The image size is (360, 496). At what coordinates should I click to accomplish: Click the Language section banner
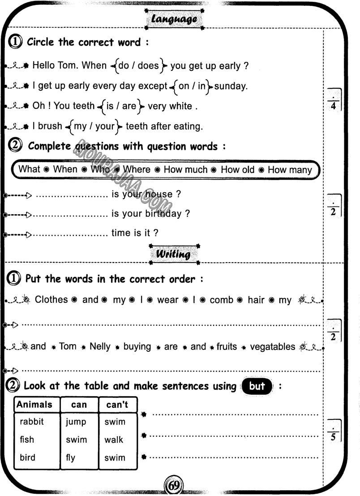click(174, 19)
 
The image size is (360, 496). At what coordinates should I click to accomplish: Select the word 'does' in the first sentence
click(148, 66)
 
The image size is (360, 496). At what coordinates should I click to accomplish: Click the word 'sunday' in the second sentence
click(231, 86)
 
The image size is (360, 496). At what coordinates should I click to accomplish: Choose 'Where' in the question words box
click(137, 170)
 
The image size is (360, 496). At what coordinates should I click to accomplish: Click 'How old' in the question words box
click(238, 170)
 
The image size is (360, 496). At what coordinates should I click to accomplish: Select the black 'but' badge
click(257, 386)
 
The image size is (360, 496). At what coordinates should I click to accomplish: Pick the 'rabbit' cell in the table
click(32, 422)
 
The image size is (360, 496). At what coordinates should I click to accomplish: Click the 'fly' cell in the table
click(70, 458)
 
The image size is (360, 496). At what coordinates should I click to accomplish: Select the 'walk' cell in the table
click(114, 440)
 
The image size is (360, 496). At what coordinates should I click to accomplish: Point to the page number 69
click(174, 485)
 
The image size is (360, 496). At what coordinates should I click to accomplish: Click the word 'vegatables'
click(273, 347)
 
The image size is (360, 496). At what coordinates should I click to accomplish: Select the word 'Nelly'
click(100, 347)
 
